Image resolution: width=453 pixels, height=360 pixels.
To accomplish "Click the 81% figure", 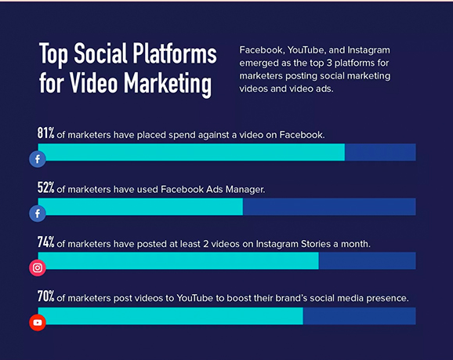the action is coord(46,133).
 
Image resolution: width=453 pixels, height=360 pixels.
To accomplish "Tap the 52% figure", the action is coord(46,187).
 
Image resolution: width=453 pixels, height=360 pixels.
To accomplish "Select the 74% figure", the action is coord(46,242).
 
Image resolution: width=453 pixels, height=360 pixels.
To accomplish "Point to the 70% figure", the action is coord(46,296).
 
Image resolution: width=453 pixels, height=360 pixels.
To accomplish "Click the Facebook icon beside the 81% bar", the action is coord(38,159).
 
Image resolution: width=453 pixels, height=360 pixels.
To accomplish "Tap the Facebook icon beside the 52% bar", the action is coord(38,213).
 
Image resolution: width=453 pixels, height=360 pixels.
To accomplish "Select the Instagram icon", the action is coord(38,268).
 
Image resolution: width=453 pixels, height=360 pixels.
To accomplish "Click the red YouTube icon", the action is coord(38,322).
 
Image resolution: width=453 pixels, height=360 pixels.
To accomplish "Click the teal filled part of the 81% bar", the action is coord(191,152).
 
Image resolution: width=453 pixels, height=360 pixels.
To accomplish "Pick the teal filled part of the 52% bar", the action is coord(141,207).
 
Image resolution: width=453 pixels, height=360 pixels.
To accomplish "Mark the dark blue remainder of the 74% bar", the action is coord(368,261).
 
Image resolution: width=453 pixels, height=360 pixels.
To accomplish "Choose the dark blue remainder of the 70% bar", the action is coord(360,316).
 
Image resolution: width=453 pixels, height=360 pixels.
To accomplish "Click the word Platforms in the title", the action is coord(175,54).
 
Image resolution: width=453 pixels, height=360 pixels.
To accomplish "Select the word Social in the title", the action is coord(100,53).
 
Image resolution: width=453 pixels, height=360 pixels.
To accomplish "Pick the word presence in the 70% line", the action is coord(387,298).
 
